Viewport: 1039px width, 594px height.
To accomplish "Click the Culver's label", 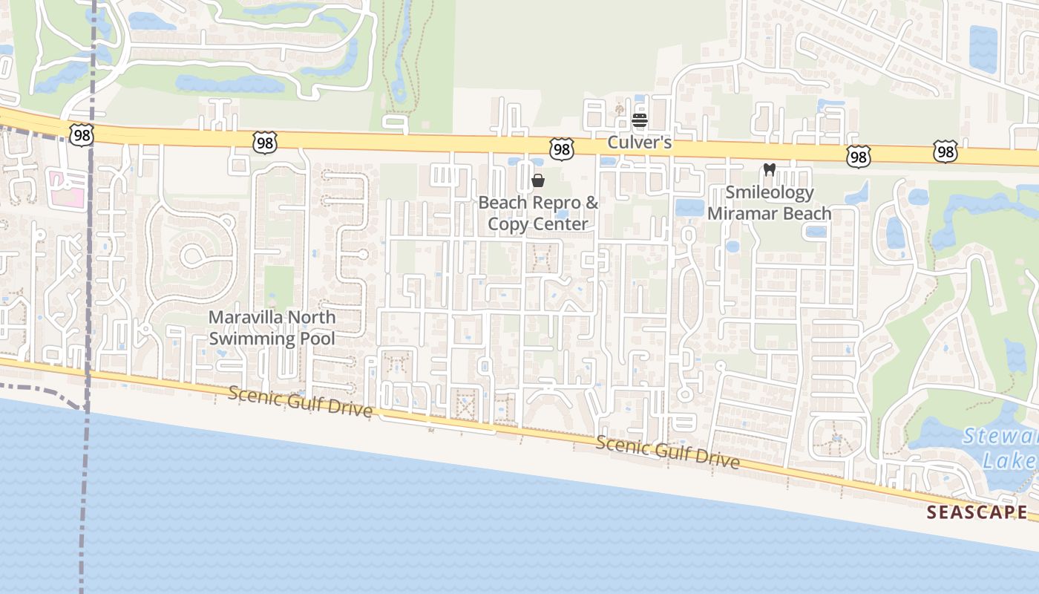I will [x=640, y=142].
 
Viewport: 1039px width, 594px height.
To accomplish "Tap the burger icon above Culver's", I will [x=640, y=120].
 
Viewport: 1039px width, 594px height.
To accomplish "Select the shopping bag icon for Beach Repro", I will [x=538, y=180].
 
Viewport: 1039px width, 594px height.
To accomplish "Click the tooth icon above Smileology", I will [x=770, y=169].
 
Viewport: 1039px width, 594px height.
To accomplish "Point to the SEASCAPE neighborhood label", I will [x=977, y=512].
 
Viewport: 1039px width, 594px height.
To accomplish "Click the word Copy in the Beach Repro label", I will [x=505, y=223].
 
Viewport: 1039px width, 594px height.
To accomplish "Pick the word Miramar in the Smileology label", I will [x=738, y=214].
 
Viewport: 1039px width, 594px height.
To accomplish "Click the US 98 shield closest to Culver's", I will [x=562, y=149].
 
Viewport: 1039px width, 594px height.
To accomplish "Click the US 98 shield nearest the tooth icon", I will [x=858, y=156].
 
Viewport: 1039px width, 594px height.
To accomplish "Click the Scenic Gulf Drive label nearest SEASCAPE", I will [x=668, y=452].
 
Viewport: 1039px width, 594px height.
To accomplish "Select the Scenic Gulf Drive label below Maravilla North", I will [x=300, y=402].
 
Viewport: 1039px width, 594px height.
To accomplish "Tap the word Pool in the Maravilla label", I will [x=318, y=339].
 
